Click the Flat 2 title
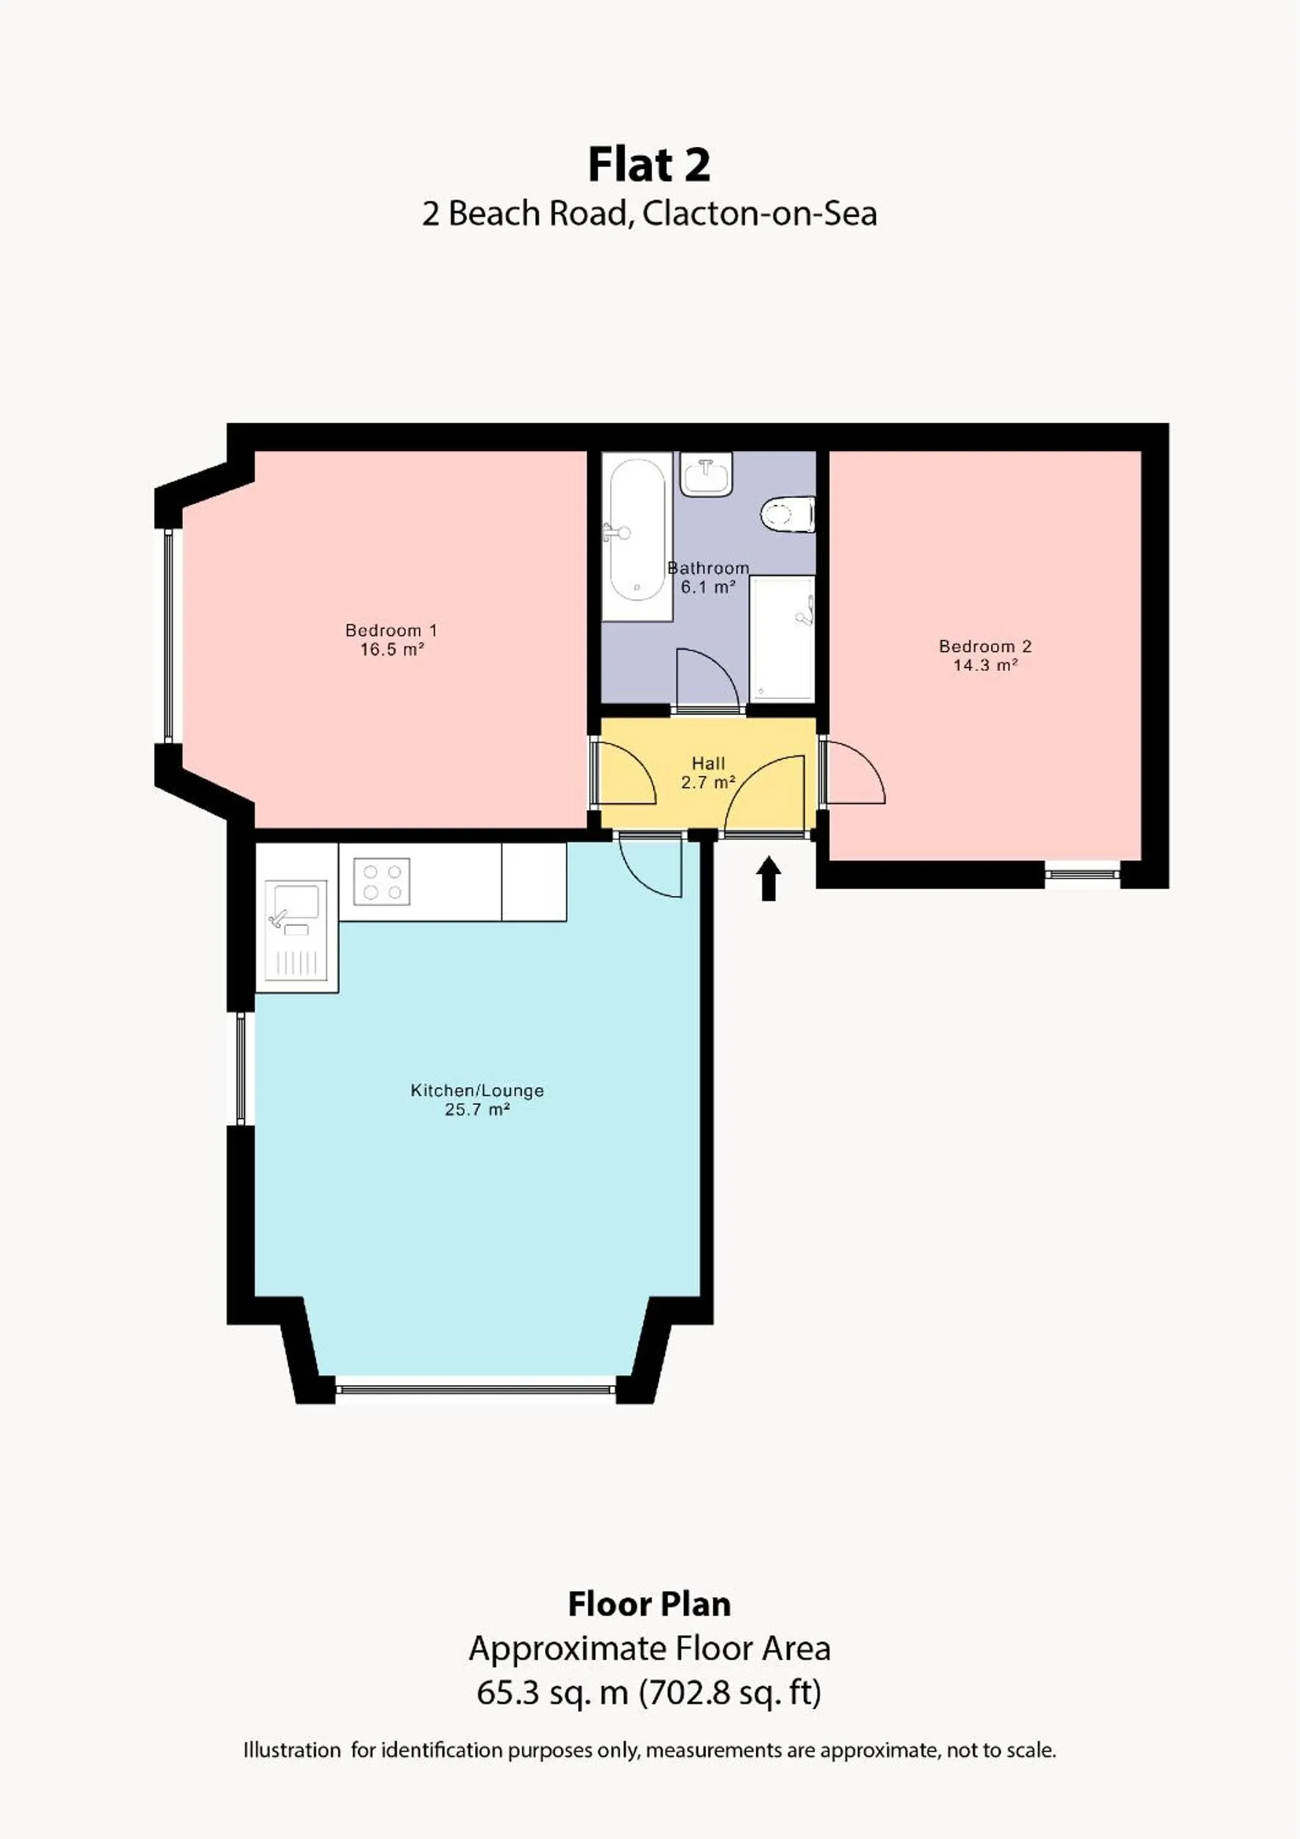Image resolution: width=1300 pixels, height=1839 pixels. coord(649,165)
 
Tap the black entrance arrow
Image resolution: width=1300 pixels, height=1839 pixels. coord(768,878)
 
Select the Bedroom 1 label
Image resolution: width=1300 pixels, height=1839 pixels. coord(390,630)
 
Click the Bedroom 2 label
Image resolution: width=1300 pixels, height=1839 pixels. coord(985,647)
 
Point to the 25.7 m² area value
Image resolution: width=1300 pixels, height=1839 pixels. coord(477,1110)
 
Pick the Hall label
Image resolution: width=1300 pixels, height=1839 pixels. coord(708,764)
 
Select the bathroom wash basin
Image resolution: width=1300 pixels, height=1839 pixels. coord(706,474)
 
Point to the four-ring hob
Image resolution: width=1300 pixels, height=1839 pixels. coord(382,881)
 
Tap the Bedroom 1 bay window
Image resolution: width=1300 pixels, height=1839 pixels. coord(168,634)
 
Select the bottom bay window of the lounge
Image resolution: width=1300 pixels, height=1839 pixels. coord(476,1390)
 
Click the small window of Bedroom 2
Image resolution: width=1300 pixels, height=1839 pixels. coord(1082,874)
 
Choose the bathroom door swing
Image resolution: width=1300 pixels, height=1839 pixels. coord(704,681)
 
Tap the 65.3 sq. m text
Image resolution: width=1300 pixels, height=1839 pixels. coord(551,1693)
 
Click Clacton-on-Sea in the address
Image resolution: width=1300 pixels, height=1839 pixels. coord(759,214)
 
